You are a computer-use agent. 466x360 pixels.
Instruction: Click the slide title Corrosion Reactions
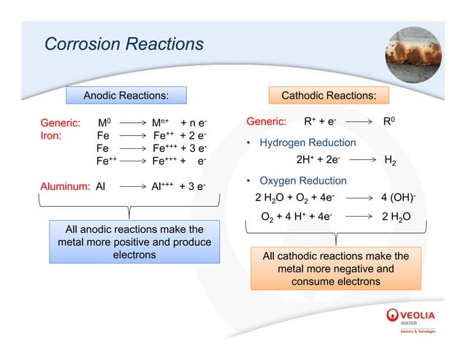[123, 45]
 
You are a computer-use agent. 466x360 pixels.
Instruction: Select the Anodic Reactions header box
[126, 96]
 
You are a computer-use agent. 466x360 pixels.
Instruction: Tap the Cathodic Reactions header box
[329, 96]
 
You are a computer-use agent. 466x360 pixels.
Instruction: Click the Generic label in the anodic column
[60, 122]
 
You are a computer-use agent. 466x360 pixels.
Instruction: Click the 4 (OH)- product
[399, 198]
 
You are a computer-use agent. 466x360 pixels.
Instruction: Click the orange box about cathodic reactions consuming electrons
[335, 268]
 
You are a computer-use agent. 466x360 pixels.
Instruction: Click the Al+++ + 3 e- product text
[178, 185]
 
